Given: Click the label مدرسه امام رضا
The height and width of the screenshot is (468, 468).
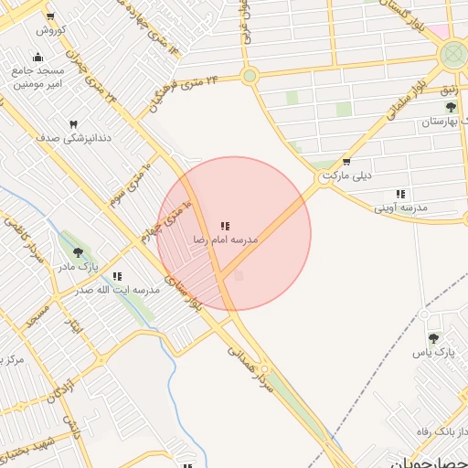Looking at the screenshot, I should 225,239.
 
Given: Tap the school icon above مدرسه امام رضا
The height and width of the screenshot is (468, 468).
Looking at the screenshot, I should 225,226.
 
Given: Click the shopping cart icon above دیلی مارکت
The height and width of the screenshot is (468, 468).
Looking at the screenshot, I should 345,165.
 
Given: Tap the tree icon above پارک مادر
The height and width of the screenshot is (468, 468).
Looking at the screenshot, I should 76,253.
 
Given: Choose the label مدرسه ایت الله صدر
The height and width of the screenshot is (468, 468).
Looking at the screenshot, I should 117,290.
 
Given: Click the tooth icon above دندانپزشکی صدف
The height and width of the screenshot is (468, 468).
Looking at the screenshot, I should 73,124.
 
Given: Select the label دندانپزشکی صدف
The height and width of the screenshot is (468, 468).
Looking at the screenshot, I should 73,138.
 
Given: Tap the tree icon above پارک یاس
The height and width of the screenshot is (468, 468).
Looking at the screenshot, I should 445,338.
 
